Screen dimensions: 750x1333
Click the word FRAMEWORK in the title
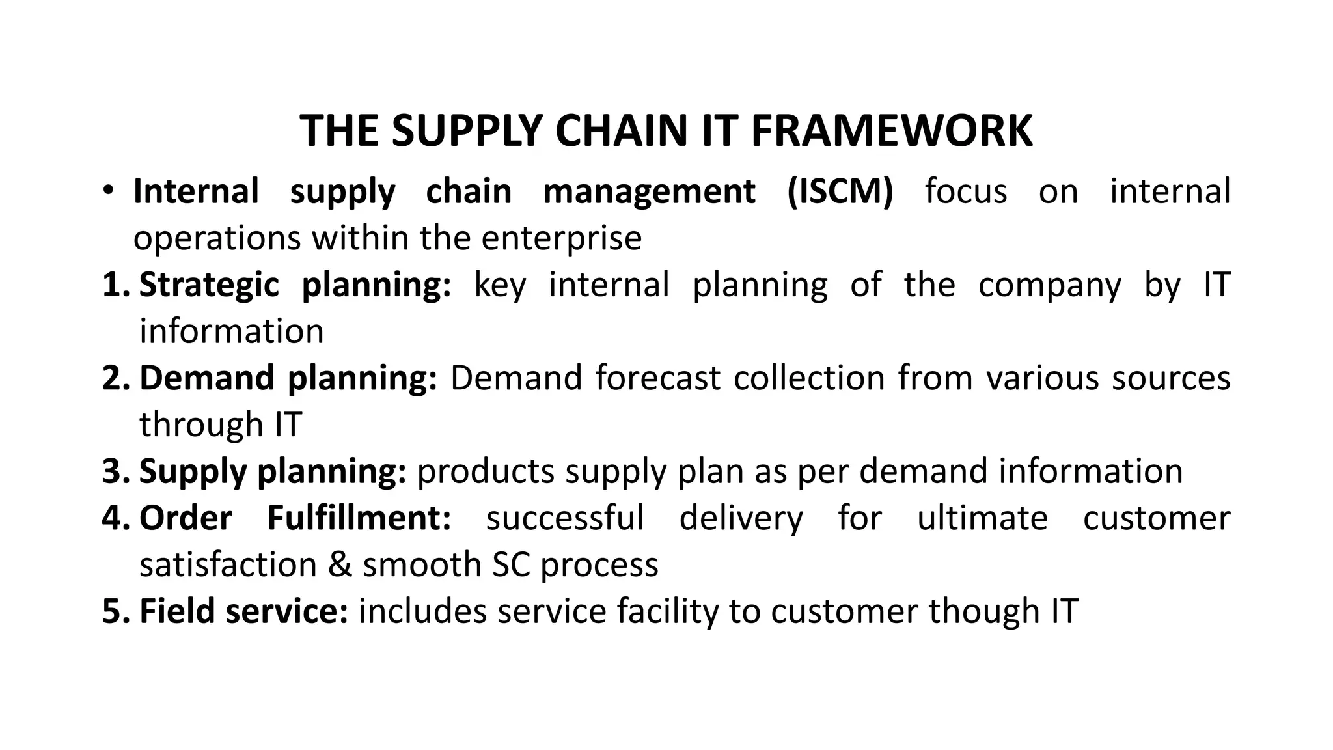[892, 132]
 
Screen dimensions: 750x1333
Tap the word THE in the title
[338, 132]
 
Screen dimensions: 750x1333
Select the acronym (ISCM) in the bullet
[840, 192]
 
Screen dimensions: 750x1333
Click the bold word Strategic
[209, 286]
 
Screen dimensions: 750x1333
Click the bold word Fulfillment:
[359, 518]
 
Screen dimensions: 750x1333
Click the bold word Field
[176, 611]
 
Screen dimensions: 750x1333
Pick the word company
[1050, 286]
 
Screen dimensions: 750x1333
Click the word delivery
[741, 518]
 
